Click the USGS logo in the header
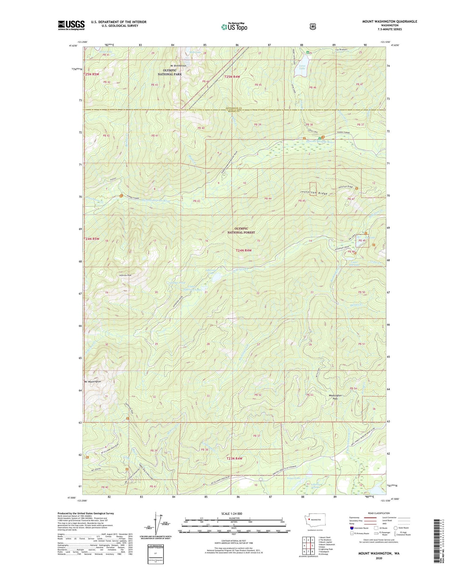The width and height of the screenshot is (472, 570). [71, 25]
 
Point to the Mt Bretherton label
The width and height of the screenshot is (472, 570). [178, 66]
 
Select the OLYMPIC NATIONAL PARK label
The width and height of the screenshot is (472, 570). [170, 72]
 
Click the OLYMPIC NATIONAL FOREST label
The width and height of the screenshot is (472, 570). [241, 230]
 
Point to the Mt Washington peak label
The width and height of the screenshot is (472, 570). [92, 381]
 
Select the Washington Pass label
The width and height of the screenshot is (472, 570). [335, 397]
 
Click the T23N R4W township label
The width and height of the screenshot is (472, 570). [235, 459]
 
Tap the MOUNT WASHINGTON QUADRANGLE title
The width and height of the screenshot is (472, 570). [389, 22]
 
